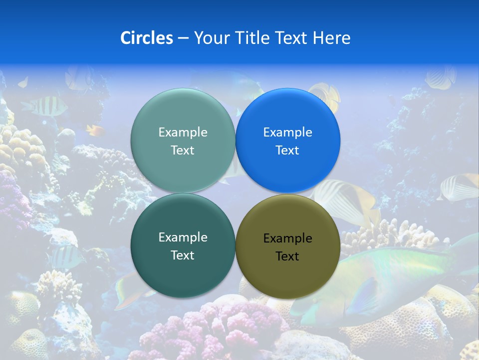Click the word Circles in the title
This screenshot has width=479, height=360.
coord(147,38)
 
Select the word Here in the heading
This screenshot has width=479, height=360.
coord(331,38)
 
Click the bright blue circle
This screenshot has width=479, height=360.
coord(288,140)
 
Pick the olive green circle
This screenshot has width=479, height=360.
coord(288,246)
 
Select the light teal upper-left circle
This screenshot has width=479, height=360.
coord(183,140)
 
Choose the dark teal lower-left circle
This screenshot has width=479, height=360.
coord(183,246)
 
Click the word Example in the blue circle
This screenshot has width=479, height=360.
coord(287,132)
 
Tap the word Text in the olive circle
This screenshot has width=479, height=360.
coord(287,256)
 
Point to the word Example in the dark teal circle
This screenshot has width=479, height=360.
coord(183,237)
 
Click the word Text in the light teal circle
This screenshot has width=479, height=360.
coord(183,150)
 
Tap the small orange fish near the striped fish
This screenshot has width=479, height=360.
coord(95,130)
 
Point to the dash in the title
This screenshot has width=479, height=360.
coord(183,38)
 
